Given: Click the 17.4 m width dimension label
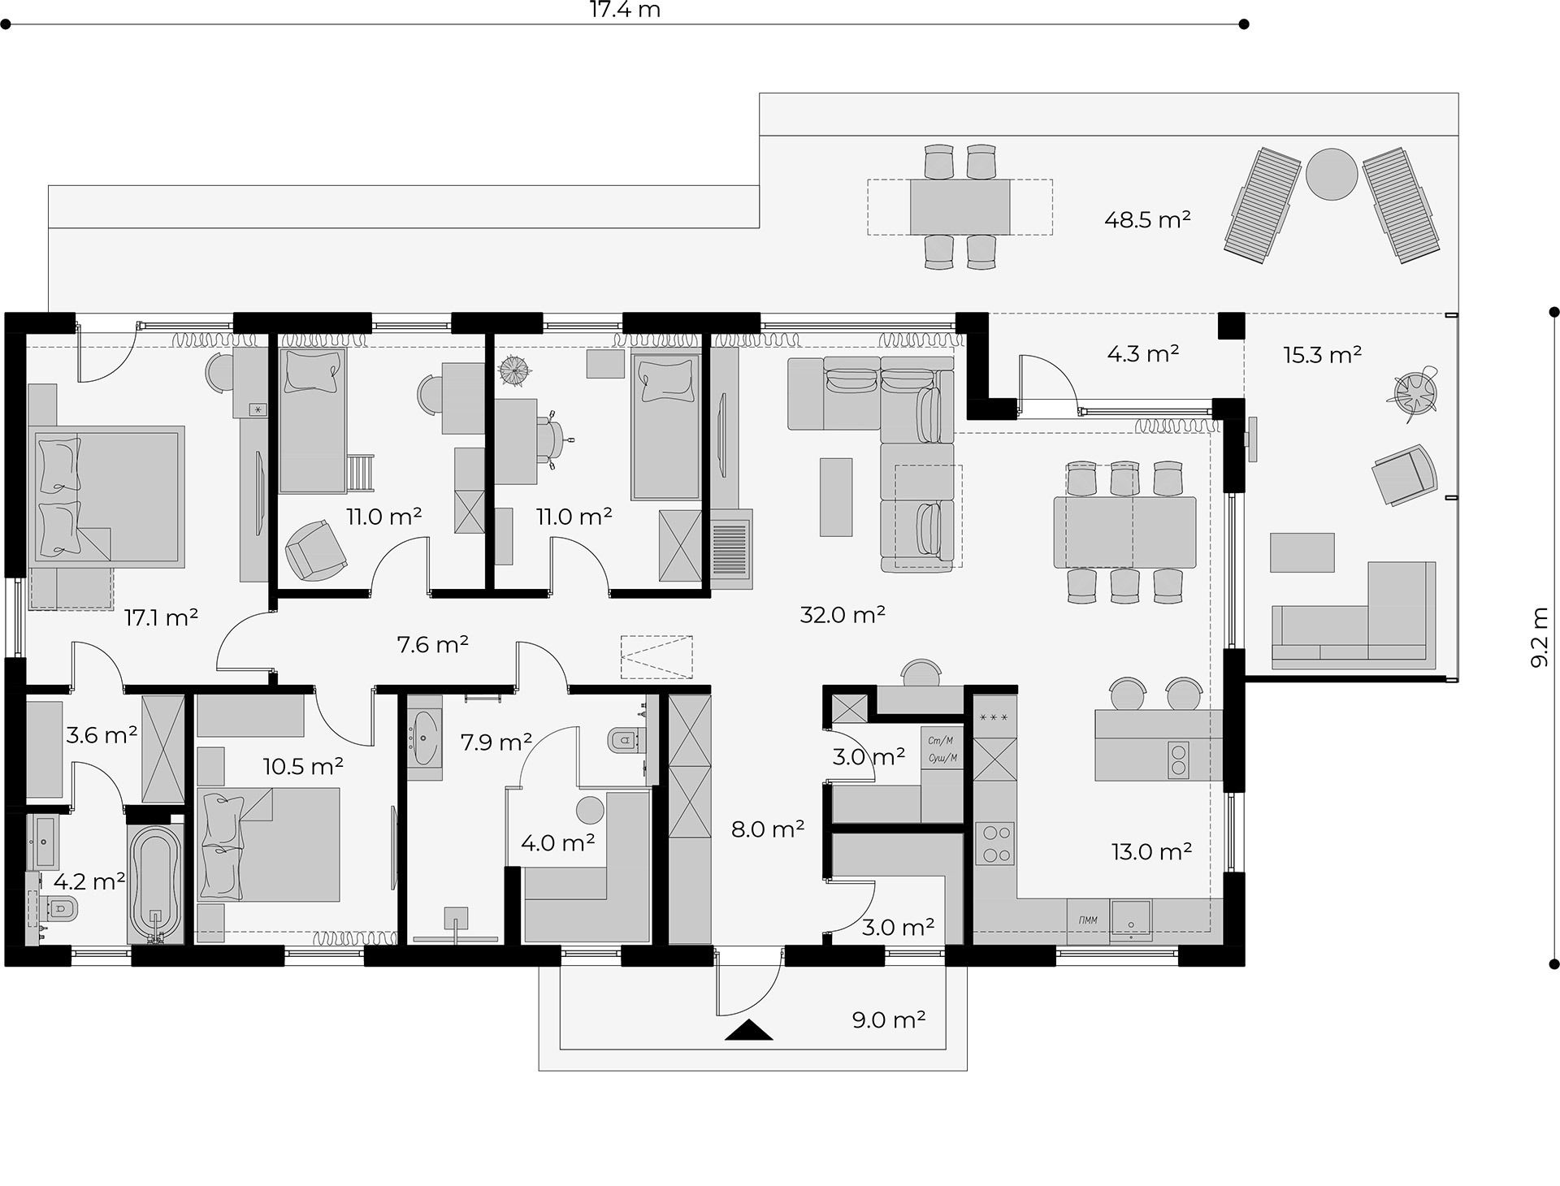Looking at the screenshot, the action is click(x=624, y=10).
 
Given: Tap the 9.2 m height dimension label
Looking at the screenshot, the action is click(x=1539, y=638).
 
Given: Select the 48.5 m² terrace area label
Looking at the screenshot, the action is click(x=1147, y=219).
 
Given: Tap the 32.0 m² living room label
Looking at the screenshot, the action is click(x=843, y=615).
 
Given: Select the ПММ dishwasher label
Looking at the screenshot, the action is click(x=1088, y=920).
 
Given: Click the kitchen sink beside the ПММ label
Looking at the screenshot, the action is click(x=1131, y=920).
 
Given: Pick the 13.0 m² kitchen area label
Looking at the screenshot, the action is click(x=1151, y=851).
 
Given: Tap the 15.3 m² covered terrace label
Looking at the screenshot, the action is click(x=1323, y=354).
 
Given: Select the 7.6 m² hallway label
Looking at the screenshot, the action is click(x=432, y=645).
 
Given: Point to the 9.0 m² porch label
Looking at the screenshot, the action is click(x=889, y=1019).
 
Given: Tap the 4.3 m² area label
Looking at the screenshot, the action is click(x=1143, y=354).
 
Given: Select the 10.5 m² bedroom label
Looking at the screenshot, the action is click(x=303, y=766).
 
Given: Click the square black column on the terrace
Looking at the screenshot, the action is click(x=1231, y=326).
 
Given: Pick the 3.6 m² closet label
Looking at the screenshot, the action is click(x=102, y=736).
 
